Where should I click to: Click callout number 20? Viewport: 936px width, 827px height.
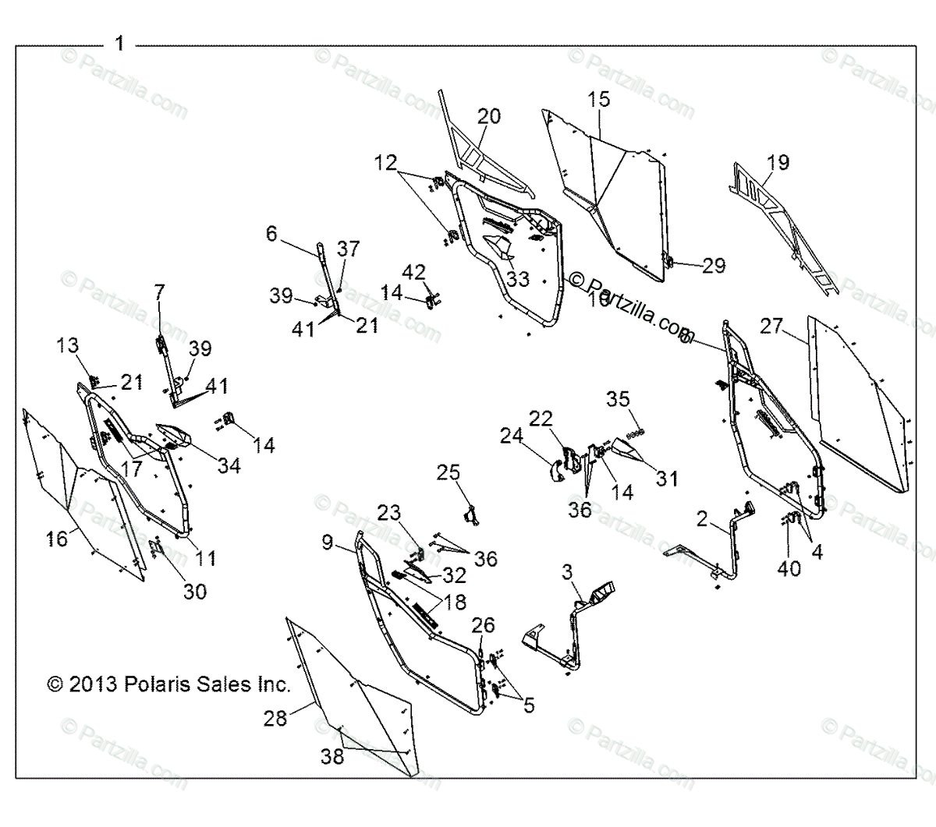pos(489,116)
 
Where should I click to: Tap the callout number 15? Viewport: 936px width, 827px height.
pos(599,99)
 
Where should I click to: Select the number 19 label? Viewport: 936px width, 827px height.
pos(778,162)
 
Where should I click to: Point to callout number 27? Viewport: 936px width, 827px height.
pos(771,326)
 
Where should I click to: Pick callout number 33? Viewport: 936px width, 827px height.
pos(517,278)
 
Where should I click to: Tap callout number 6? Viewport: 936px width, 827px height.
pos(271,234)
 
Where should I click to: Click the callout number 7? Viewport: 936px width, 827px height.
pos(160,292)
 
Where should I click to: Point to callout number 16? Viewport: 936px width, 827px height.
pos(56,538)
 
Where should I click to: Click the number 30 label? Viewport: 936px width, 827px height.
pos(195,591)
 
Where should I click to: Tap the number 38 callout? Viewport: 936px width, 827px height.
pos(332,756)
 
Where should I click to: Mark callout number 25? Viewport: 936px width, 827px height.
pos(448,472)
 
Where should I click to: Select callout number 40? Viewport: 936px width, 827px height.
pos(789,567)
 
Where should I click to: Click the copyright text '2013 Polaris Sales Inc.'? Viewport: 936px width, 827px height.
pos(168,685)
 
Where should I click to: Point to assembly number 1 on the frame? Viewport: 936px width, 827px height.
pos(119,44)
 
